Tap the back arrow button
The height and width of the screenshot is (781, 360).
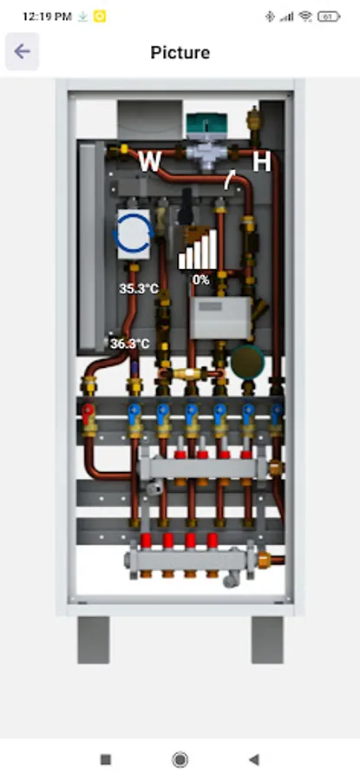[22, 51]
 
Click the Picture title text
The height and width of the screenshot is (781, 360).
[180, 52]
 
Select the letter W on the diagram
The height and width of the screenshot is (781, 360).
[149, 162]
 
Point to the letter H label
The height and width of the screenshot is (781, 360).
[261, 162]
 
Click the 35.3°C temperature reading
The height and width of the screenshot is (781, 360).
[139, 288]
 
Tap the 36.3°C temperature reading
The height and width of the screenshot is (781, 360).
[129, 344]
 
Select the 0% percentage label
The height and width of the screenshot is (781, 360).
[200, 280]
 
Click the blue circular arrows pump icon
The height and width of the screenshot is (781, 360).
[134, 233]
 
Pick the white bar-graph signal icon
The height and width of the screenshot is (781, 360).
[197, 250]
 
